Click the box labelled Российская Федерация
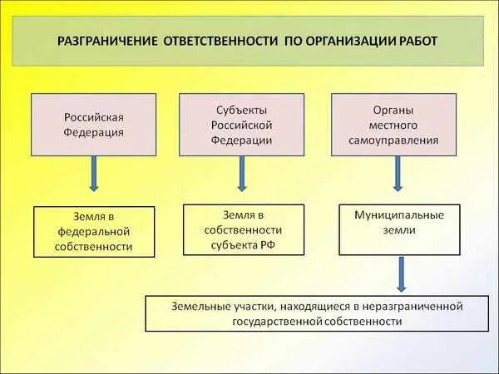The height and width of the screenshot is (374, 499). coord(93,125)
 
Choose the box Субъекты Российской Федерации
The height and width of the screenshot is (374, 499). coord(241,125)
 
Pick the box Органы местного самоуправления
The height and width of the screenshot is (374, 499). coord(393,125)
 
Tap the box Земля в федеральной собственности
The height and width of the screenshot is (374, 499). coord(94,231)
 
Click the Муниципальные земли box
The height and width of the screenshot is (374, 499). coord(399,229)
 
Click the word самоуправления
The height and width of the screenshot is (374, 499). coord(393,140)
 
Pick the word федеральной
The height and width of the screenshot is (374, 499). coord(94,232)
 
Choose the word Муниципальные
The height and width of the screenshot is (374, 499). coord(399,214)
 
